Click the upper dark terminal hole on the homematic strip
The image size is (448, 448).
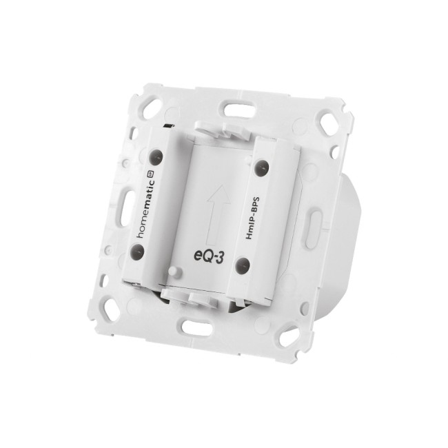pos(156,156)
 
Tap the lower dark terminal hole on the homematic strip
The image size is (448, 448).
pos(137,252)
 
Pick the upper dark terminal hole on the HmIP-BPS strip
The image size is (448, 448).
pos(262,167)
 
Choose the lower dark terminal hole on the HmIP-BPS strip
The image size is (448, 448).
pos(243,265)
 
